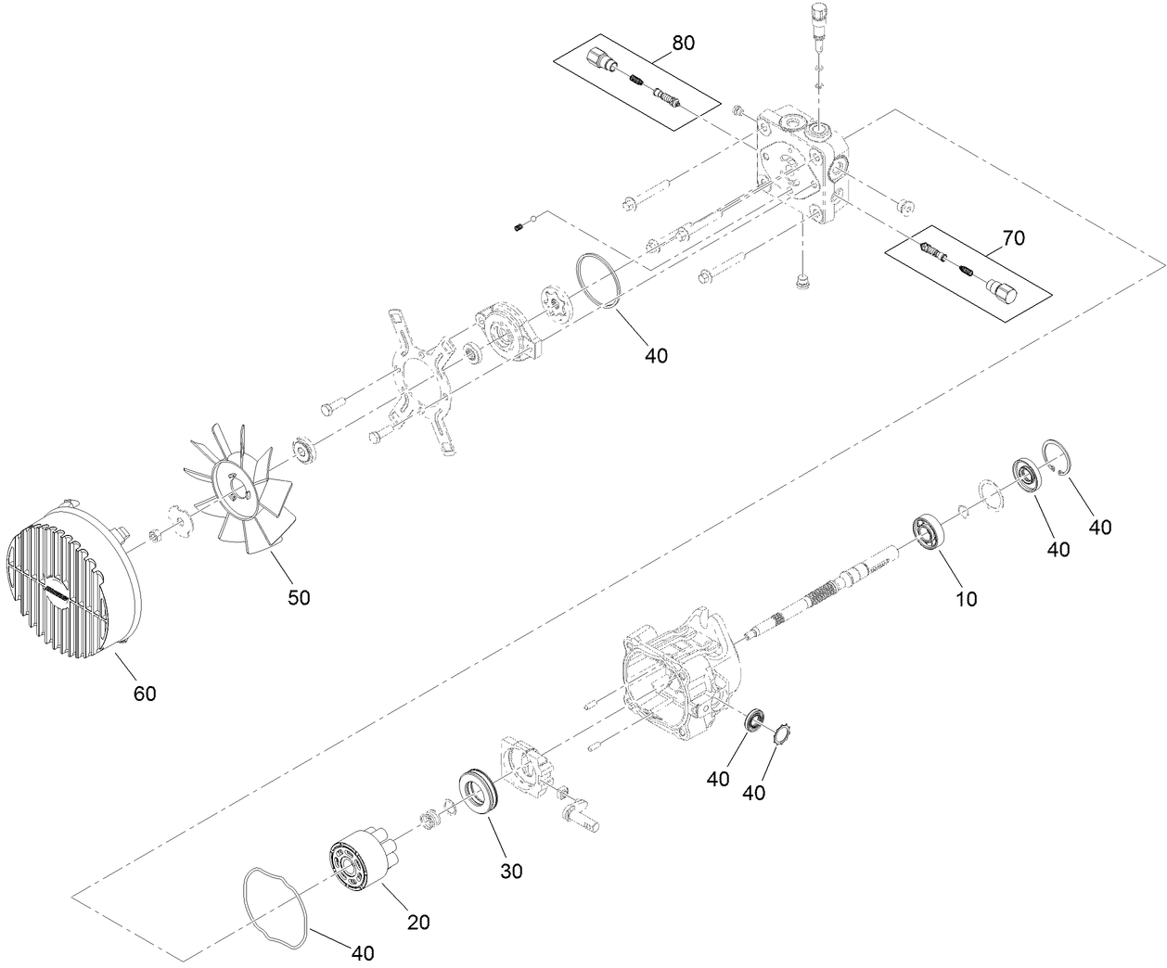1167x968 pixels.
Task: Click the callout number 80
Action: coord(682,43)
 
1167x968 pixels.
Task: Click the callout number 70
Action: coord(1013,238)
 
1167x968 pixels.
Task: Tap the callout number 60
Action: coord(145,693)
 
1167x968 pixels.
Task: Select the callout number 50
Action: coord(298,598)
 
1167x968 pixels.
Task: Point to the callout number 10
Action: coord(967,599)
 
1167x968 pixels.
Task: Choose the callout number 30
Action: coord(511,871)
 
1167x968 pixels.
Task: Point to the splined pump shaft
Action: coord(816,593)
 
